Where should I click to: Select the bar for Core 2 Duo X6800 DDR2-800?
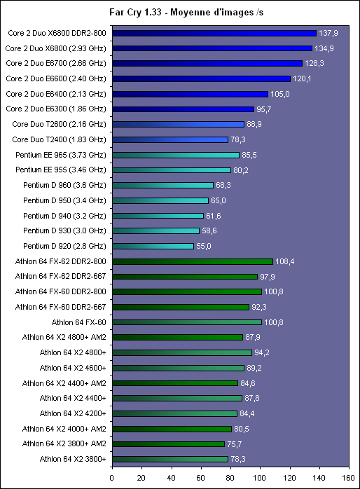click(x=214, y=33)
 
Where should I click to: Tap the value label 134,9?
click(x=324, y=48)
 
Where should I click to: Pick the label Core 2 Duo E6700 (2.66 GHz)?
click(x=56, y=63)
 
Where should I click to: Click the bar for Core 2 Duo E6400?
click(x=190, y=94)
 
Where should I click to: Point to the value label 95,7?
click(x=263, y=109)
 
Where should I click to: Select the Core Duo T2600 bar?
click(x=179, y=124)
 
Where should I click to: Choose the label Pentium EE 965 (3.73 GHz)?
click(x=61, y=155)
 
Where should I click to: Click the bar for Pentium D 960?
click(x=162, y=185)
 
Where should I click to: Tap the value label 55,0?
click(x=204, y=246)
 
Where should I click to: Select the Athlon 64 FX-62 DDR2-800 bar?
click(x=193, y=261)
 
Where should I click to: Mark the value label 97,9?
click(x=268, y=277)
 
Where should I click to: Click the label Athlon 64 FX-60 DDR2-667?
click(x=60, y=307)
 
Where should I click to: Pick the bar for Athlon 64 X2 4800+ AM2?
click(x=177, y=337)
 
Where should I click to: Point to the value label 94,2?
click(x=262, y=352)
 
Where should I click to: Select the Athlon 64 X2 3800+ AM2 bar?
click(x=168, y=443)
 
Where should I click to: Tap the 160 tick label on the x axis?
click(x=348, y=478)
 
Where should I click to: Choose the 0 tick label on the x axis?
click(x=112, y=478)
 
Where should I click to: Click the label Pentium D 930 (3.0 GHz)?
click(x=64, y=230)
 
